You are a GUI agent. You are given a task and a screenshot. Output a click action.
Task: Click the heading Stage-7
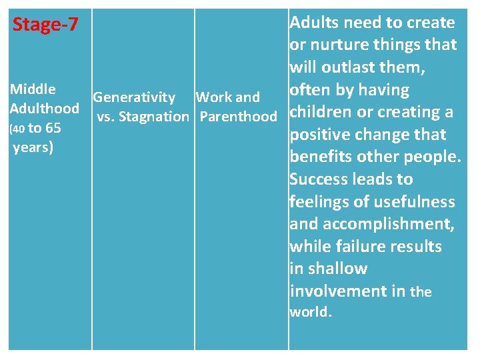[45, 25]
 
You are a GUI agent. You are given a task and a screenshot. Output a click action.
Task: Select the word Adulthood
[45, 108]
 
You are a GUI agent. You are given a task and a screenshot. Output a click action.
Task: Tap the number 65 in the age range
[53, 128]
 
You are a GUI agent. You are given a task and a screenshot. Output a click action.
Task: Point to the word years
[33, 147]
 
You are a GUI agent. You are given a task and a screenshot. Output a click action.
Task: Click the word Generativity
[134, 98]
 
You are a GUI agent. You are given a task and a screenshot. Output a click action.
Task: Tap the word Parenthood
[238, 117]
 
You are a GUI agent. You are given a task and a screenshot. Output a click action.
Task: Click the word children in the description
[321, 111]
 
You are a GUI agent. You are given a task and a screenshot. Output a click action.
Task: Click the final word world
[309, 312]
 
